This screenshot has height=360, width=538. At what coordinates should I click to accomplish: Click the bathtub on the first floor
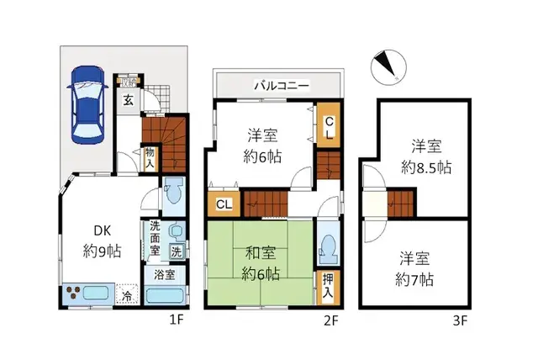166,295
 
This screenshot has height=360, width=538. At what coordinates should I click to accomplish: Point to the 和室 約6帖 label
259,262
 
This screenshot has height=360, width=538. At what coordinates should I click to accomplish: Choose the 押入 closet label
328,286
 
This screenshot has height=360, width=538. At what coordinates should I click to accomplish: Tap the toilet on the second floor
328,248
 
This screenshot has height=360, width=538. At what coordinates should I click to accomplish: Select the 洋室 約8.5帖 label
425,156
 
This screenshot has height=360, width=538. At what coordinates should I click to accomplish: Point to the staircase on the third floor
402,203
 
